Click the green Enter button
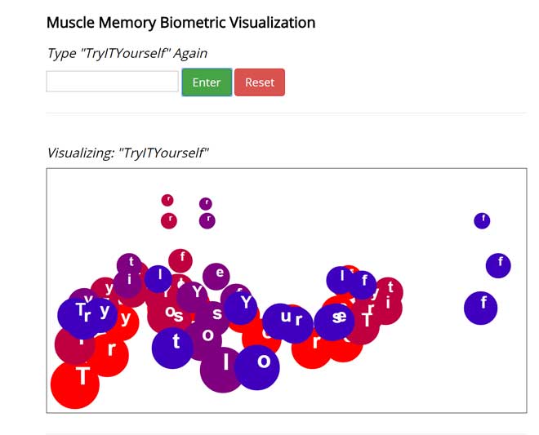tap(207, 82)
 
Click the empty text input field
tap(112, 82)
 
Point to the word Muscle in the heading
tap(69, 23)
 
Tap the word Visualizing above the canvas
tap(79, 153)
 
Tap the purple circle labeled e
tap(216, 276)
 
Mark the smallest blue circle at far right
tap(482, 220)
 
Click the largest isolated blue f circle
tap(481, 307)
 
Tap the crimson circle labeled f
tap(181, 260)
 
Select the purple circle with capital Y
tap(194, 294)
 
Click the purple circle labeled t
tap(129, 264)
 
